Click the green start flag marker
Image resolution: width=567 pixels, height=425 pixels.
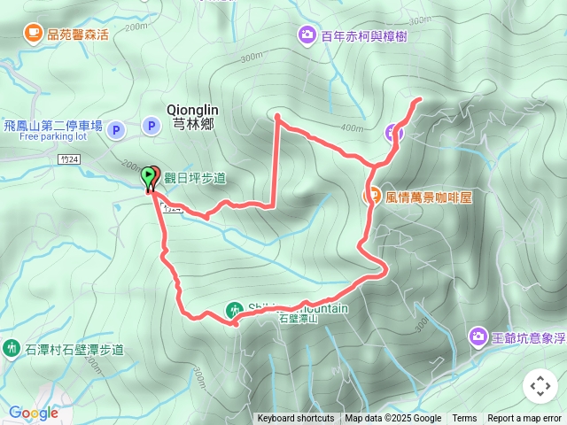tap(147, 175)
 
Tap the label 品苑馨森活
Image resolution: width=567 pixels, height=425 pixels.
tap(78, 35)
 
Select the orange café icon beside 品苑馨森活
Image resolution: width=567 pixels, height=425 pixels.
tap(33, 35)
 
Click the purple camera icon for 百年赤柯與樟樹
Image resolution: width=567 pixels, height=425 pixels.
tap(307, 35)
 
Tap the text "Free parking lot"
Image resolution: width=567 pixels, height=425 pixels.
tap(53, 137)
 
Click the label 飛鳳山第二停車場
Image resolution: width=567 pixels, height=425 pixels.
tap(53, 125)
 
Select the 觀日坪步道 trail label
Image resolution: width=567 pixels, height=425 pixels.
tap(195, 178)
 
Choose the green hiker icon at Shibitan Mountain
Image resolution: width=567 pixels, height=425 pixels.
tap(234, 310)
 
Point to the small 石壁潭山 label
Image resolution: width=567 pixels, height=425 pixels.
tap(299, 319)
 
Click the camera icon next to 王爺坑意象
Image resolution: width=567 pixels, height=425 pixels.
tap(478, 336)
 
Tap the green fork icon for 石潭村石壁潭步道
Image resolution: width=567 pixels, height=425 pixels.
tap(12, 348)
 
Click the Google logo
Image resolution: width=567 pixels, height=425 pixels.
tap(33, 413)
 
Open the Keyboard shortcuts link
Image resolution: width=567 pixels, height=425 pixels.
tap(296, 418)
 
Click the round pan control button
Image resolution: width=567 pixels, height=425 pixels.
tap(540, 386)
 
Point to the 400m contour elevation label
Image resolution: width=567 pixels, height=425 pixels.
tap(352, 127)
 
